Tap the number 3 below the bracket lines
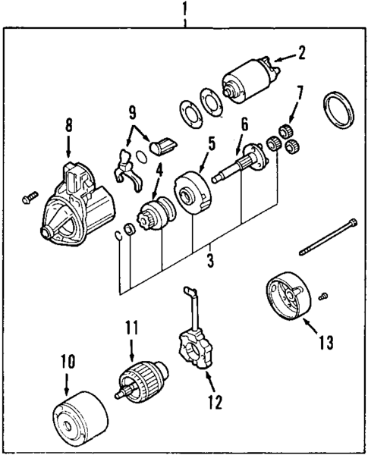(209, 262)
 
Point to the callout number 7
(300, 94)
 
